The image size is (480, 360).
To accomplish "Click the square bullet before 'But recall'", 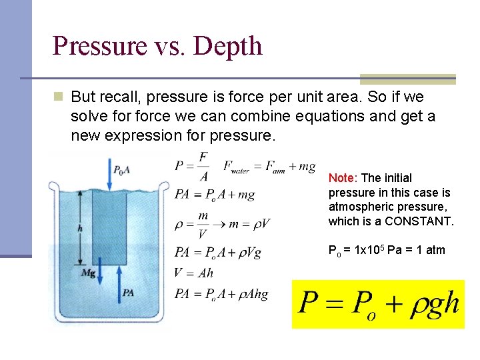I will click(x=59, y=97).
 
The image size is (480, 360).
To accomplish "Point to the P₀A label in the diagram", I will click(x=121, y=170).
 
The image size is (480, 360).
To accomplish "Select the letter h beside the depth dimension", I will click(x=81, y=227).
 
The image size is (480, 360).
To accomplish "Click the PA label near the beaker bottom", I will click(x=127, y=292).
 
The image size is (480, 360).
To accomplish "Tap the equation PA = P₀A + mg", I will click(x=214, y=195).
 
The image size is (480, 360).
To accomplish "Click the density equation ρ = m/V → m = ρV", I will click(x=222, y=223).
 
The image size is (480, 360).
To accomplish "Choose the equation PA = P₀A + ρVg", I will click(x=218, y=252).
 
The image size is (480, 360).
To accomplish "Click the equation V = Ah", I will click(x=193, y=272).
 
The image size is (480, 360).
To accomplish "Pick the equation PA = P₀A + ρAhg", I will click(x=221, y=294).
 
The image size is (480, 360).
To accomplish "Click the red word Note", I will click(x=342, y=178).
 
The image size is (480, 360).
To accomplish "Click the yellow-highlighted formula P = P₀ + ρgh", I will click(x=378, y=304).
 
